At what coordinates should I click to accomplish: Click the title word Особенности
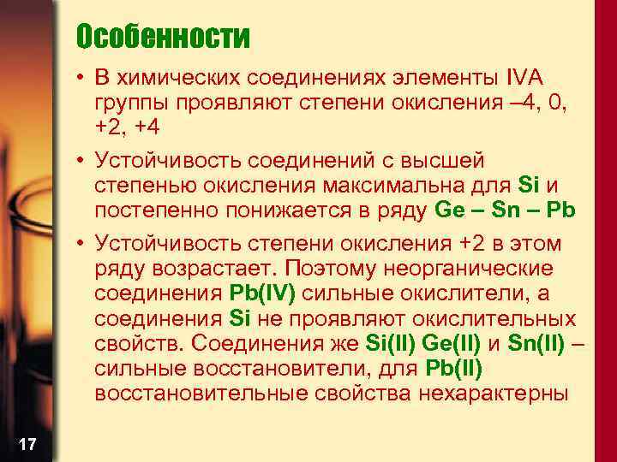[x=162, y=37]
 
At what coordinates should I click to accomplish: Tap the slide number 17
[x=27, y=443]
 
